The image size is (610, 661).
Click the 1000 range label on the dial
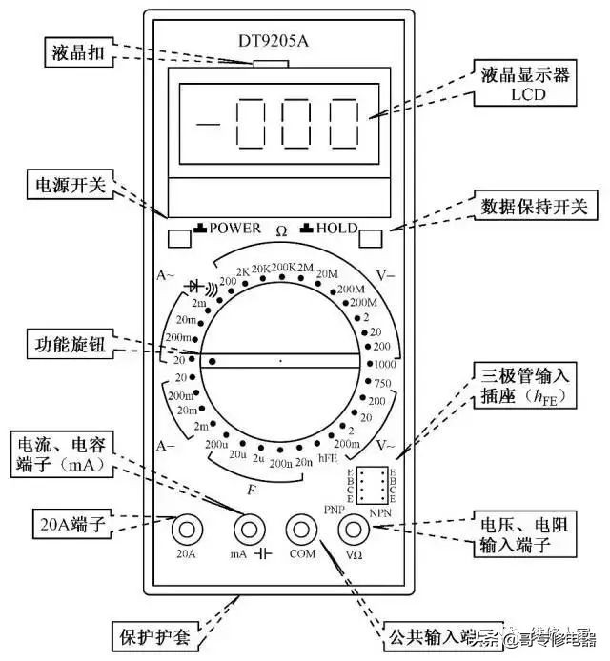tap(383, 364)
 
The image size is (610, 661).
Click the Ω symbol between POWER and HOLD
tap(281, 230)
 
